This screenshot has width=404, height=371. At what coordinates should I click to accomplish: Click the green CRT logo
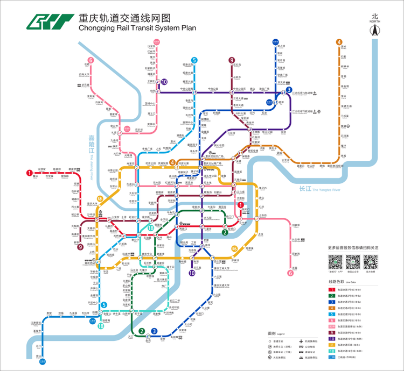[50, 22]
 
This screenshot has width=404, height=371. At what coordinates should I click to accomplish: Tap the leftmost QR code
[336, 262]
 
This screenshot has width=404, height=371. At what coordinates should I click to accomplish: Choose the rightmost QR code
[370, 262]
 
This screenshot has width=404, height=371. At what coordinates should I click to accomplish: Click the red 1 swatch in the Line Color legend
[332, 290]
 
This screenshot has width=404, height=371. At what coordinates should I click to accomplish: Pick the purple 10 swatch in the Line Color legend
[332, 339]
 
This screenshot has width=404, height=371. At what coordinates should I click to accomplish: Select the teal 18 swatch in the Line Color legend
[332, 351]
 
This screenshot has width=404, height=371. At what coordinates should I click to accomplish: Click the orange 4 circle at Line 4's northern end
[339, 42]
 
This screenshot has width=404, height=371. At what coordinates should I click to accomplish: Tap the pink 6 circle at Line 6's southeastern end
[291, 273]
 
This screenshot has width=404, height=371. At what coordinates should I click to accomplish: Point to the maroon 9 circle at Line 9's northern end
[232, 60]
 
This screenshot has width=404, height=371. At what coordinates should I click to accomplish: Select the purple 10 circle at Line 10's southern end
[192, 273]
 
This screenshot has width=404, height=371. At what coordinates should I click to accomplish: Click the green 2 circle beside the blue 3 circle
[142, 331]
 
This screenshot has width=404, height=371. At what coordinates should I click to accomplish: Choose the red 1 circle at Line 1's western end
[29, 173]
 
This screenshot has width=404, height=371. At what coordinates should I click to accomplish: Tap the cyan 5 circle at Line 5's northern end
[194, 60]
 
